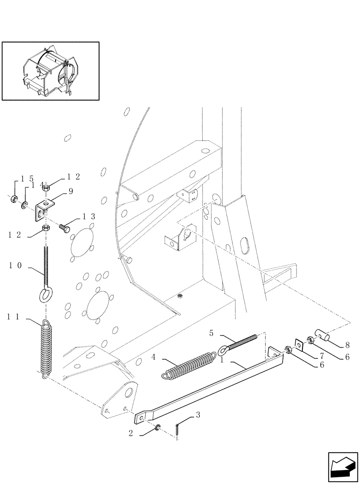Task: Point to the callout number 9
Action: coord(71,192)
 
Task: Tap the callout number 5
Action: coord(211,333)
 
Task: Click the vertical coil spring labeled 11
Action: coord(45,348)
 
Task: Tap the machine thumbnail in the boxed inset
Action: coord(50,71)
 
